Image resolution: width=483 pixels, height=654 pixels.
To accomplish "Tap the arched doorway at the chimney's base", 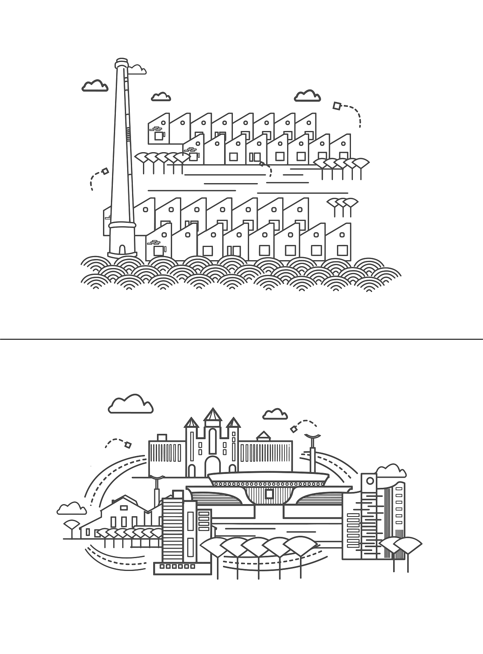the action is [x=122, y=250].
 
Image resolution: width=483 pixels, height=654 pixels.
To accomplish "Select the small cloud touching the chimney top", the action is [x=137, y=69].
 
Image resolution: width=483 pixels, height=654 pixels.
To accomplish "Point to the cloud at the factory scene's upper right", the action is [x=307, y=96].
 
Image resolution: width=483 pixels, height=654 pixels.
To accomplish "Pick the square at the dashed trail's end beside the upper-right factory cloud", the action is [x=337, y=106].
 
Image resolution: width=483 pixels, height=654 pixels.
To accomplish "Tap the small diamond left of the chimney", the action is [x=105, y=171].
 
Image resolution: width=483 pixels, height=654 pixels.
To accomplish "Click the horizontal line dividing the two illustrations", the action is [x=241, y=339].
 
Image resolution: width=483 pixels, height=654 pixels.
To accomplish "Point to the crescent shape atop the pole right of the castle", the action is [x=313, y=438].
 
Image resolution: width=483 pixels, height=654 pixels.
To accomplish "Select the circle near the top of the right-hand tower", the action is [x=369, y=481].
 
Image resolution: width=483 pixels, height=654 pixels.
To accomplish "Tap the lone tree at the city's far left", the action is [x=72, y=525].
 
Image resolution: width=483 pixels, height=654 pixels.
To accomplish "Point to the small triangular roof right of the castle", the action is [x=263, y=435].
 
